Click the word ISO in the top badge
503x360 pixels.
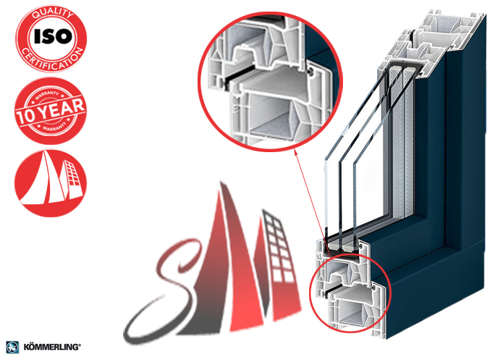[53, 36]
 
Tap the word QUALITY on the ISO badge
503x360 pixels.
[53, 14]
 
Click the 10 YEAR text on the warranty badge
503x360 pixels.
[51, 111]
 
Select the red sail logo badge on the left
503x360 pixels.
[51, 183]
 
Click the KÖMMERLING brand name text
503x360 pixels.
[52, 347]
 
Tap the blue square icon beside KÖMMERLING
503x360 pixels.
[12, 348]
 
